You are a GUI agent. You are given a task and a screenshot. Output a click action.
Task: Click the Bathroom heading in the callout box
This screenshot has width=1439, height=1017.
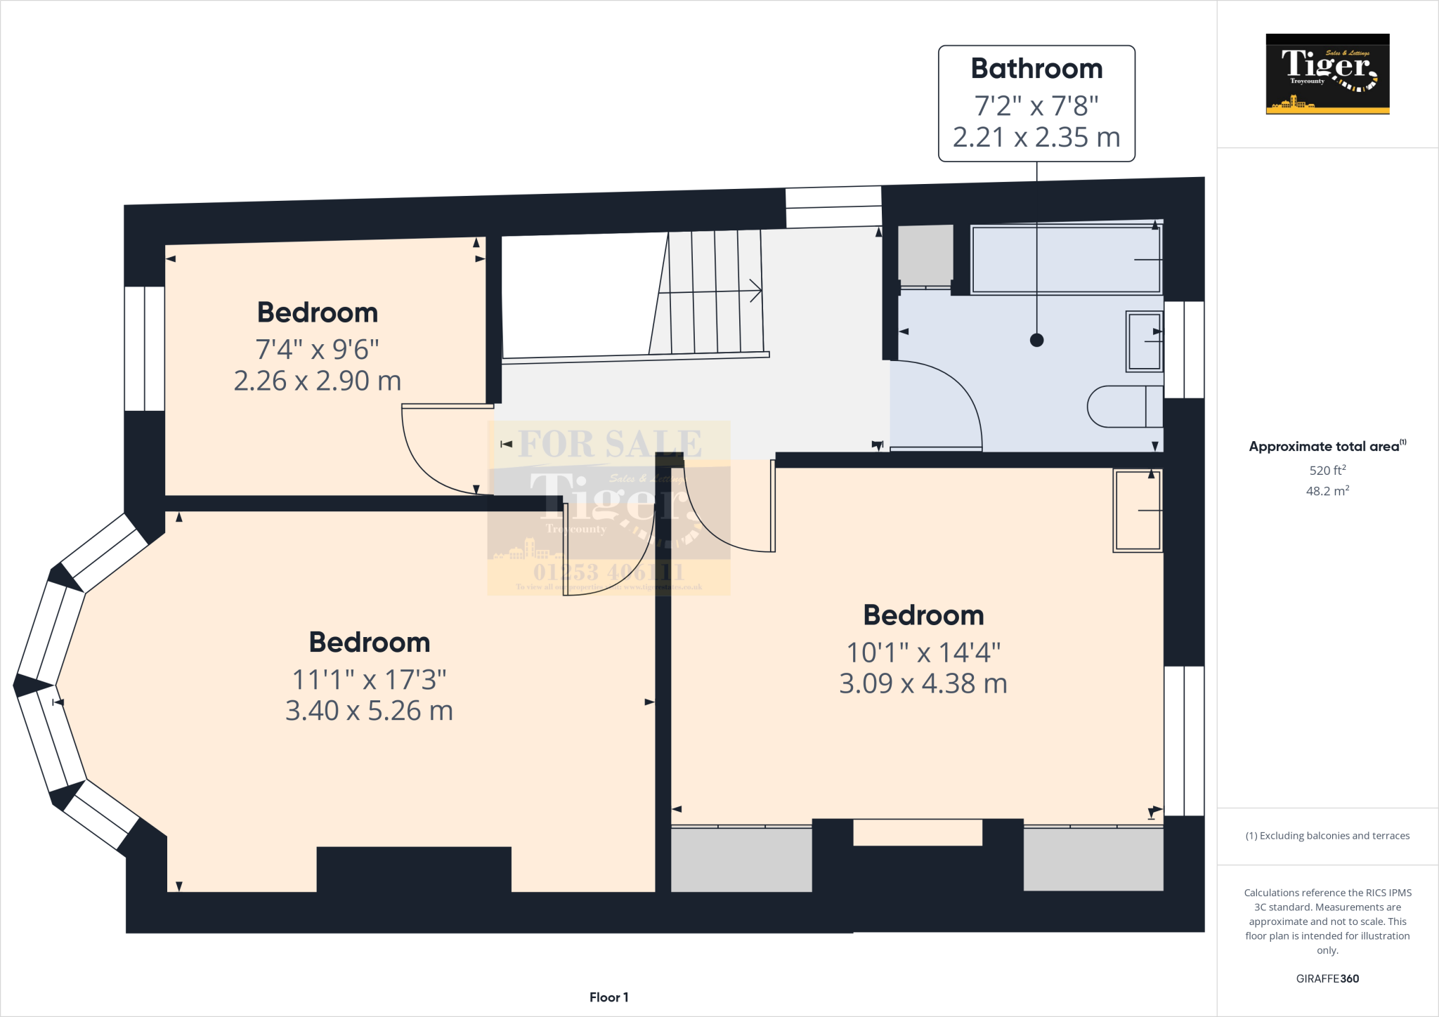[1036, 69]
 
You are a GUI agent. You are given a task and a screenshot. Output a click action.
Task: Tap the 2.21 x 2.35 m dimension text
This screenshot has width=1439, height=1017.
[1036, 137]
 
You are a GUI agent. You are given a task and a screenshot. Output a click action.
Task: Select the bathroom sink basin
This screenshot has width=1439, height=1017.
[1144, 341]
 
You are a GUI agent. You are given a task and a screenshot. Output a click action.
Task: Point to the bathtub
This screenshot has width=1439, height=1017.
[1065, 259]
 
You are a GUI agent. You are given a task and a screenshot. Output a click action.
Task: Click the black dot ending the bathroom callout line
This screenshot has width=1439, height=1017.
[1036, 340]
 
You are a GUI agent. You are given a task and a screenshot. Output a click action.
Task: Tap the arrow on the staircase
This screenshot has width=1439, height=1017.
[755, 290]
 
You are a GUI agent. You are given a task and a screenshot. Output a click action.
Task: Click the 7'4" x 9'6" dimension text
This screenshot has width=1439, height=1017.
[317, 349]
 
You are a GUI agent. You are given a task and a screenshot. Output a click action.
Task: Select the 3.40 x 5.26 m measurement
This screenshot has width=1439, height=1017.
[369, 711]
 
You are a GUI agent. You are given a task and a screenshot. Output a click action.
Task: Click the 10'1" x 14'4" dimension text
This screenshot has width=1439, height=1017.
[923, 652]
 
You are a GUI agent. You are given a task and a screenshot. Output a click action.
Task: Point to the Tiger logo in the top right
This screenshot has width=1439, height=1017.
[1327, 74]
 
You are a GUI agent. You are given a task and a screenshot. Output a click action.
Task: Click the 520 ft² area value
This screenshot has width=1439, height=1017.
[1327, 470]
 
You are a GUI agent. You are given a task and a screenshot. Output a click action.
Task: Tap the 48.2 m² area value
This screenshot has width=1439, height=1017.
[1327, 491]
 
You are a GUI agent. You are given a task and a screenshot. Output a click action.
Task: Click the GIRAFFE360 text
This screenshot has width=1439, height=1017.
[1327, 978]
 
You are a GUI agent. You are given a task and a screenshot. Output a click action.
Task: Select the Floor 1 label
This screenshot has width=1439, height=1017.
[608, 997]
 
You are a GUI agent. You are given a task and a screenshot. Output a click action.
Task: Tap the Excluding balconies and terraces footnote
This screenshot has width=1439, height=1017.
[1327, 836]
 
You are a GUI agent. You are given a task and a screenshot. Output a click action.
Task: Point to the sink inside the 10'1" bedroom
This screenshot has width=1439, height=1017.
[1138, 511]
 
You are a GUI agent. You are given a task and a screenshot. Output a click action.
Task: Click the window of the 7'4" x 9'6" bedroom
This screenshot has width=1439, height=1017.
[144, 348]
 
